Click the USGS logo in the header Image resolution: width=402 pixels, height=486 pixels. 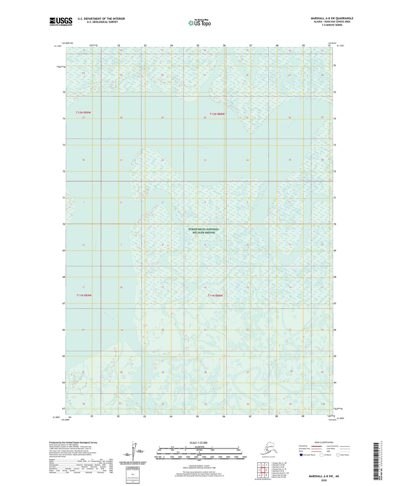click(x=61, y=21)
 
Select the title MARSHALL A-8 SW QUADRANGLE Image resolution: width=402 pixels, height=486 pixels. click(x=332, y=18)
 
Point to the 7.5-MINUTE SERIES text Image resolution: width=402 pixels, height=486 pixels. click(x=332, y=25)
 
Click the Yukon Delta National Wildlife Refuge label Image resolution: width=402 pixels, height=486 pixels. click(x=204, y=231)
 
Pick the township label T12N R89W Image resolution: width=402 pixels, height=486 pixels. click(x=83, y=112)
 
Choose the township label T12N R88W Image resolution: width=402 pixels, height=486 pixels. click(x=217, y=114)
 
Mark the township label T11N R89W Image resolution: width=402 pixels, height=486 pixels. click(x=84, y=295)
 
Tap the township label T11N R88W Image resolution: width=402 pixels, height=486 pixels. click(x=215, y=296)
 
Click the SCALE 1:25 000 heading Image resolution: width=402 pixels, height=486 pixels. click(x=199, y=443)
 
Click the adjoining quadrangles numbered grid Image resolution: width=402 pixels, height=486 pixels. click(x=263, y=471)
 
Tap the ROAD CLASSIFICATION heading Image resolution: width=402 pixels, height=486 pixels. click(x=324, y=442)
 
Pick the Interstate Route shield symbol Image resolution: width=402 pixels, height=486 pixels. click(x=301, y=455)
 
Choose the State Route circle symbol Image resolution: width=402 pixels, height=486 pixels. click(x=338, y=455)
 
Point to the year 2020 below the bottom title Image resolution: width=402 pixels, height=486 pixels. click(x=324, y=480)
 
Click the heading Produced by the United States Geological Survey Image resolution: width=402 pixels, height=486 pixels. click(x=73, y=442)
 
